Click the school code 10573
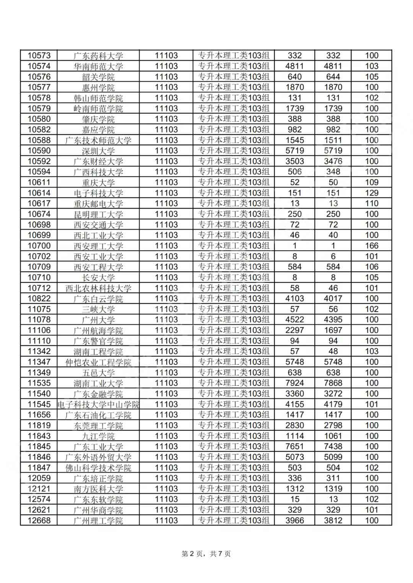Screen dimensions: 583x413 [x=39, y=56]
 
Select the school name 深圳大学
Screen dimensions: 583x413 [x=98, y=151]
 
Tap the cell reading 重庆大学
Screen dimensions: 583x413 [x=98, y=183]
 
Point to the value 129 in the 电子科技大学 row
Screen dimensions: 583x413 [x=371, y=193]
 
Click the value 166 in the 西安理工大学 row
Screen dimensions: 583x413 [x=371, y=246]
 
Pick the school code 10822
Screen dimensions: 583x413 [x=39, y=299]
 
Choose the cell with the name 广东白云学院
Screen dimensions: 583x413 [x=98, y=299]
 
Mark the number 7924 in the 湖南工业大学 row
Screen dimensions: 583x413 [x=294, y=383]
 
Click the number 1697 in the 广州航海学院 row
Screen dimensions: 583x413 [x=333, y=330]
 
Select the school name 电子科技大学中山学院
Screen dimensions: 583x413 [x=98, y=404]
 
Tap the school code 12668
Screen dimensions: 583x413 [x=39, y=520]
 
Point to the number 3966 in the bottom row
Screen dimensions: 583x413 [x=294, y=520]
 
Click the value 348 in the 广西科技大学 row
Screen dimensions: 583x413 [x=333, y=172]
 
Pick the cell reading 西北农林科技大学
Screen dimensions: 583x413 [x=98, y=288]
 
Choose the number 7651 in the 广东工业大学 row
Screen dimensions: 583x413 [x=294, y=447]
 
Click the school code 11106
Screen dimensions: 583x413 [x=39, y=330]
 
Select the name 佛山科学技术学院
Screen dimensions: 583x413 [x=98, y=468]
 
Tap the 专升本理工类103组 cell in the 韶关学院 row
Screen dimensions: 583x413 [x=234, y=77]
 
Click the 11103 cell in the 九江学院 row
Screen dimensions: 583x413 [x=166, y=436]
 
